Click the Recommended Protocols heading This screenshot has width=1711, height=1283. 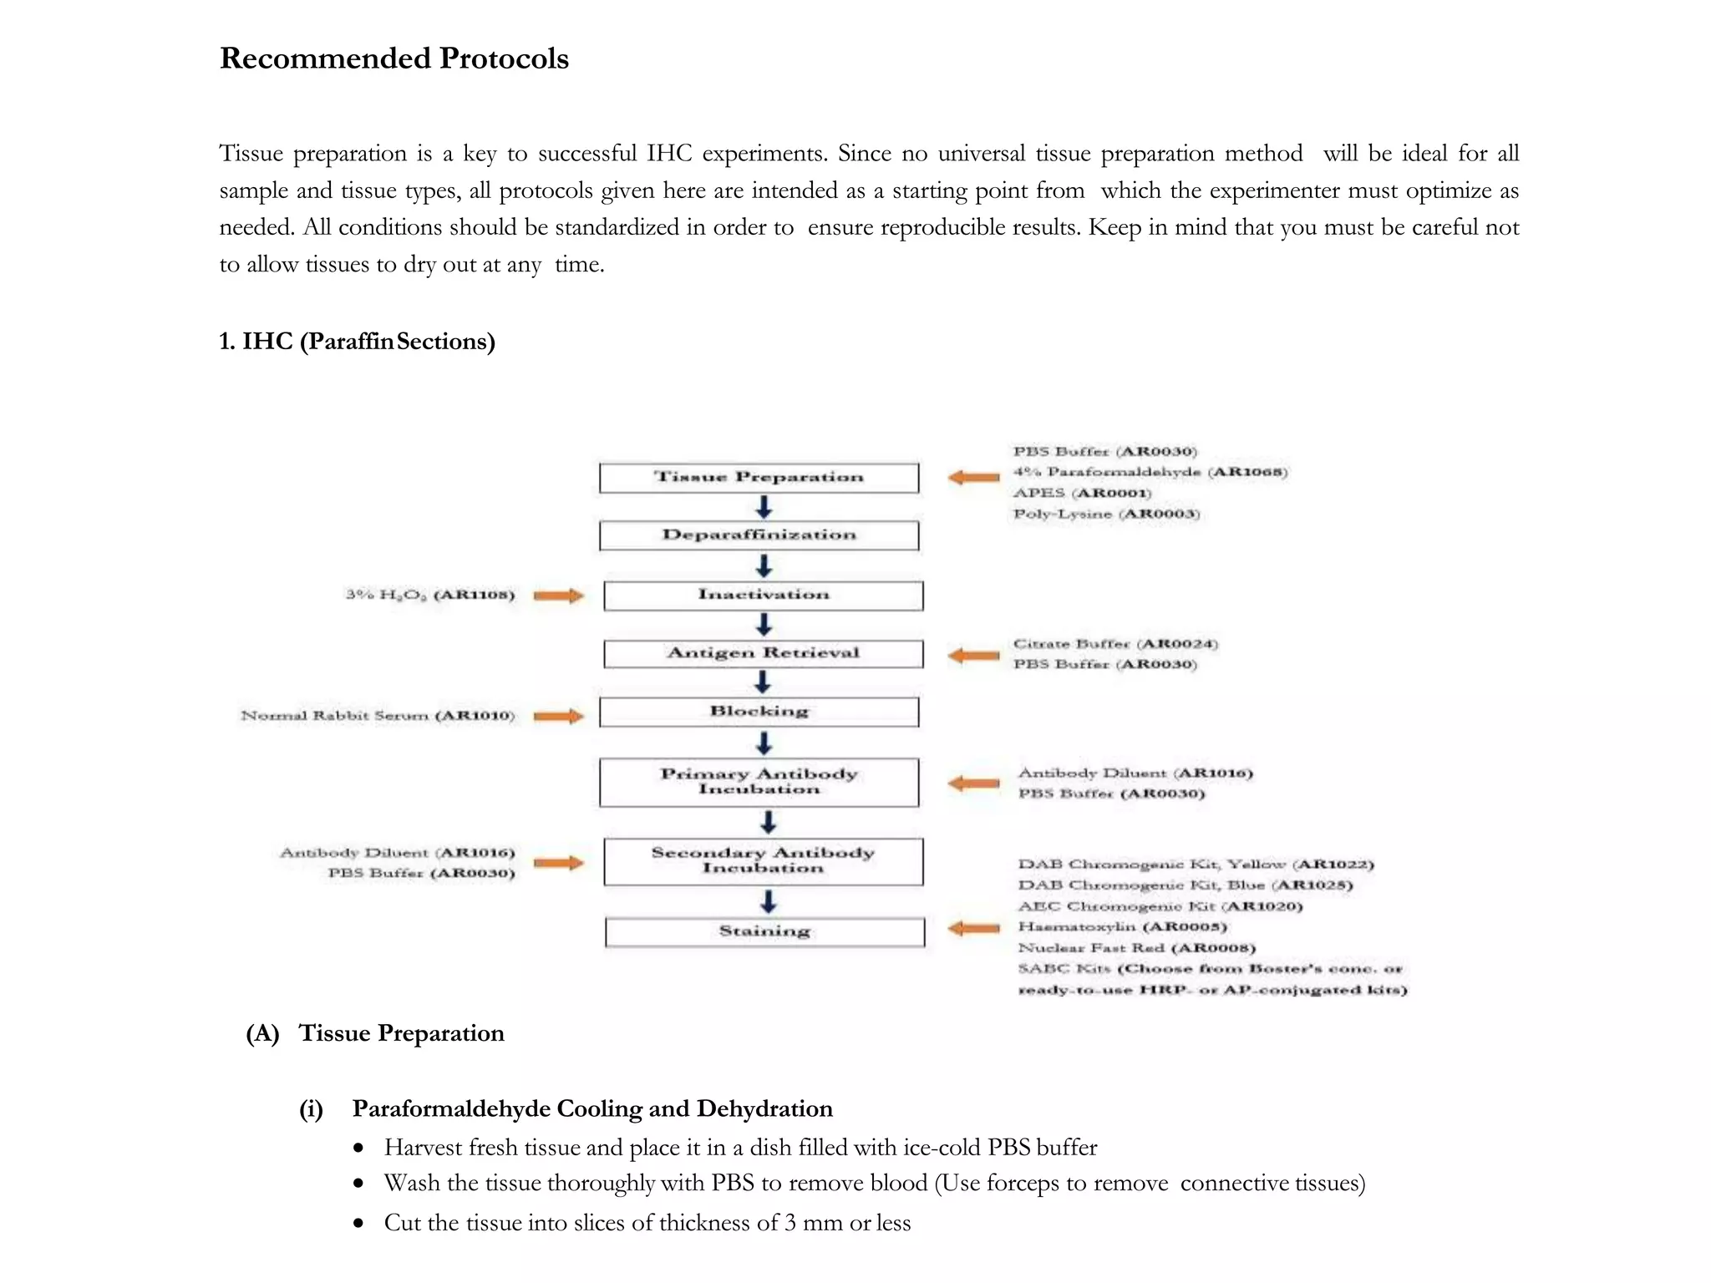[x=393, y=58]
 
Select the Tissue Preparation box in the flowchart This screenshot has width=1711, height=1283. [x=759, y=478]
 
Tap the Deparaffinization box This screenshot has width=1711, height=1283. [x=759, y=535]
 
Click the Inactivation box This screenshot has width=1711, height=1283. [x=764, y=596]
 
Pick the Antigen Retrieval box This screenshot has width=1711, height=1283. [x=764, y=653]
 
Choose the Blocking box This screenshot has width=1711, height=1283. [x=759, y=712]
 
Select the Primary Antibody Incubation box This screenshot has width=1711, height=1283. [x=759, y=782]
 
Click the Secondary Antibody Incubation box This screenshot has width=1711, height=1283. [x=764, y=861]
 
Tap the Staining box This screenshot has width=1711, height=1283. [x=764, y=931]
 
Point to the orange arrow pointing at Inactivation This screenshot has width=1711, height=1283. [x=558, y=596]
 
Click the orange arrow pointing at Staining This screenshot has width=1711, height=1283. [x=974, y=928]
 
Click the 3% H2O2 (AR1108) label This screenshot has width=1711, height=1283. [x=430, y=595]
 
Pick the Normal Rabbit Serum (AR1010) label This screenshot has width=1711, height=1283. [x=378, y=716]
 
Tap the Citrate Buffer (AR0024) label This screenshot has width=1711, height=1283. [x=1115, y=644]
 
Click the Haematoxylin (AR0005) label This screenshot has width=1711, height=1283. [x=1122, y=926]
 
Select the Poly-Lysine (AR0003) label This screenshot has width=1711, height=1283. [x=1106, y=514]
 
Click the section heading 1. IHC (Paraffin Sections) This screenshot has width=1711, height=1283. [x=357, y=342]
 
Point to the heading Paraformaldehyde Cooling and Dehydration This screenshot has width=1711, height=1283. [x=591, y=1108]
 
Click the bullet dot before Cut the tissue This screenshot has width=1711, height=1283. [x=358, y=1224]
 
